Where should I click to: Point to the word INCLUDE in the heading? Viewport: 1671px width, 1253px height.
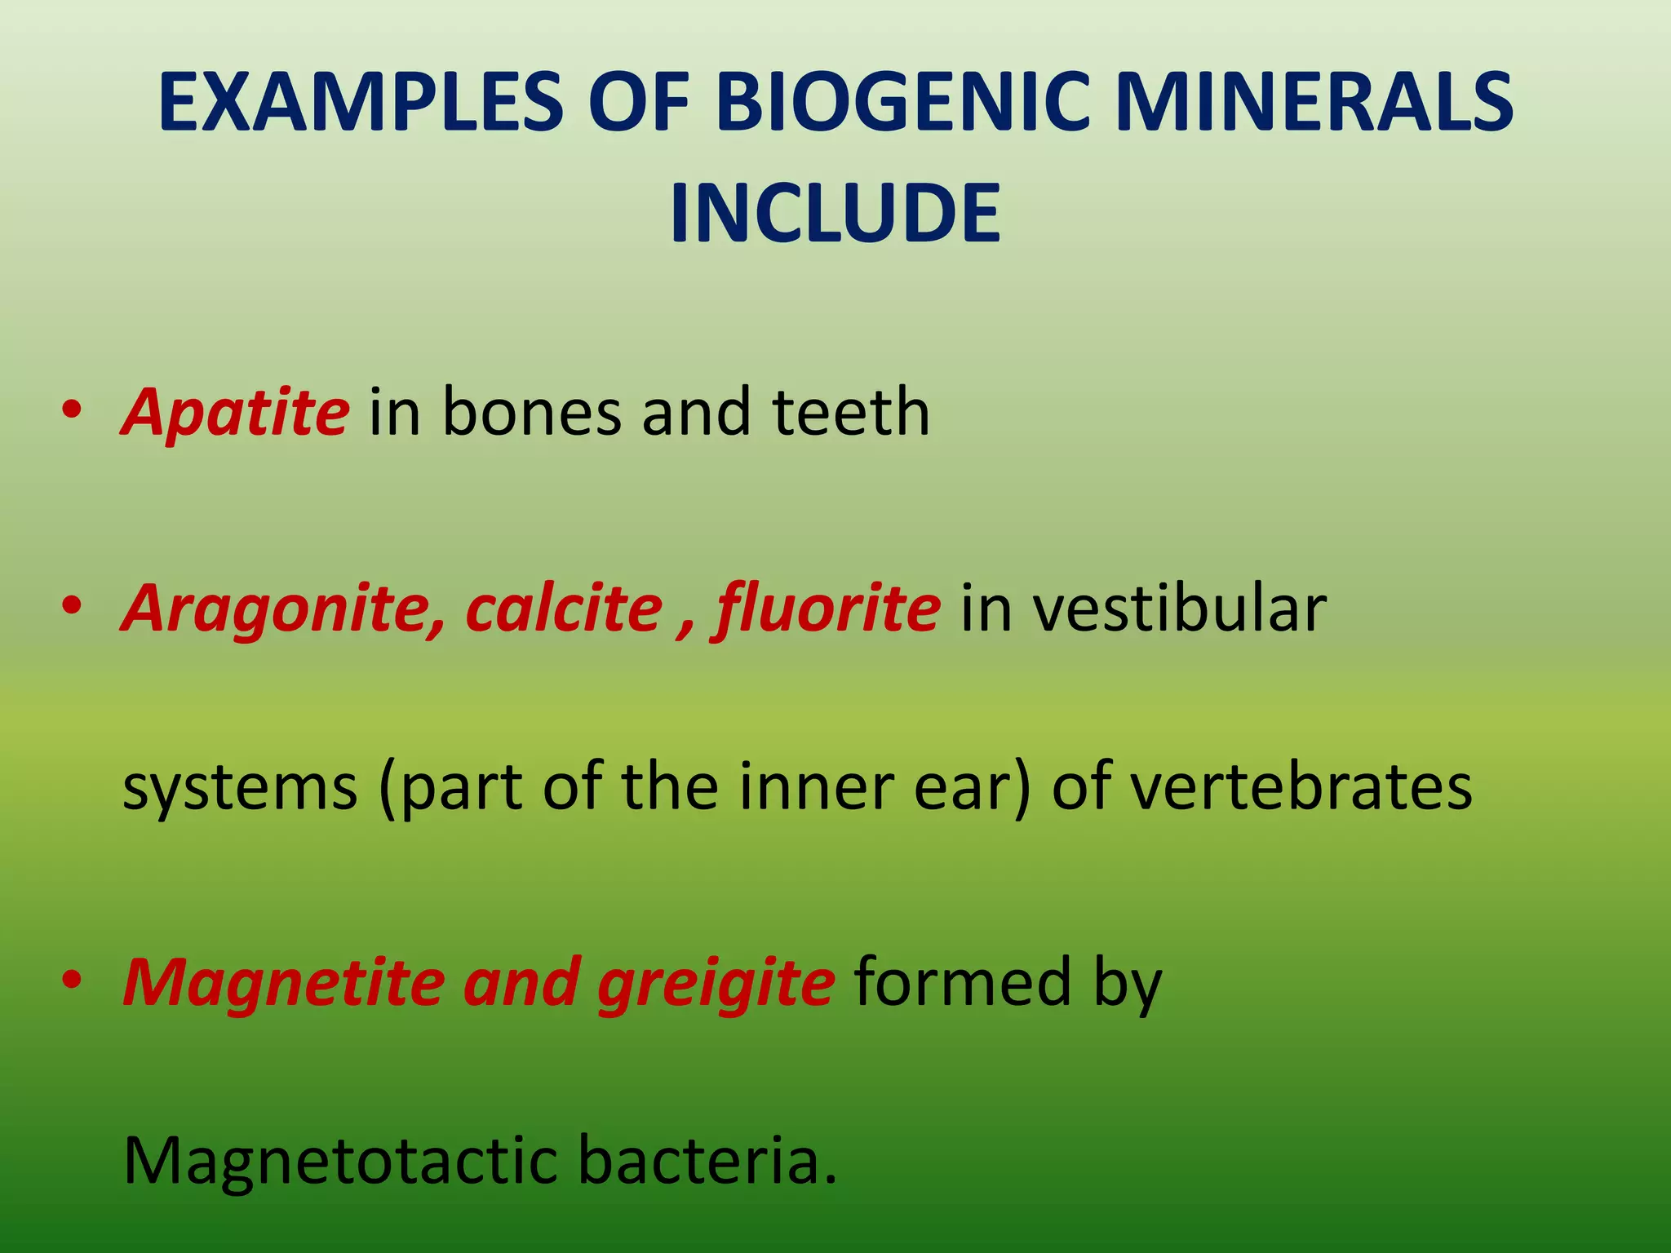tap(835, 214)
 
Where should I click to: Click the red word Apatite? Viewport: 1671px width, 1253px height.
tap(236, 412)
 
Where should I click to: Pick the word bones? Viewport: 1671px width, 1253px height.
tap(531, 412)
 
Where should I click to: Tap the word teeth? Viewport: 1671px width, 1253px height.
tap(850, 412)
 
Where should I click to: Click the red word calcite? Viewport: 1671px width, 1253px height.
tap(564, 609)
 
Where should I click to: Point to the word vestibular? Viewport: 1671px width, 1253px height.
tap(1143, 609)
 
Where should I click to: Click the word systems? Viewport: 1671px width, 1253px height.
tap(240, 787)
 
